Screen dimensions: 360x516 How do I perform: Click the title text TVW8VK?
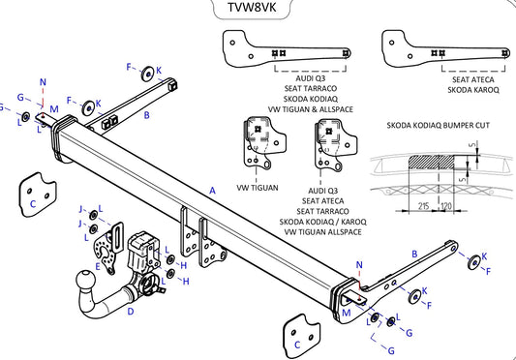[257, 10]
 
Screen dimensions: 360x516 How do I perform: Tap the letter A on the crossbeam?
[213, 192]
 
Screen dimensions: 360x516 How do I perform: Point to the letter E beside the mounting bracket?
[98, 259]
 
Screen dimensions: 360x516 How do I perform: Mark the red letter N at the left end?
[43, 82]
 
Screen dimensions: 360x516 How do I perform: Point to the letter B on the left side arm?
[146, 115]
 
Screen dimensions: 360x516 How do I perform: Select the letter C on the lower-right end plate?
[298, 343]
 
